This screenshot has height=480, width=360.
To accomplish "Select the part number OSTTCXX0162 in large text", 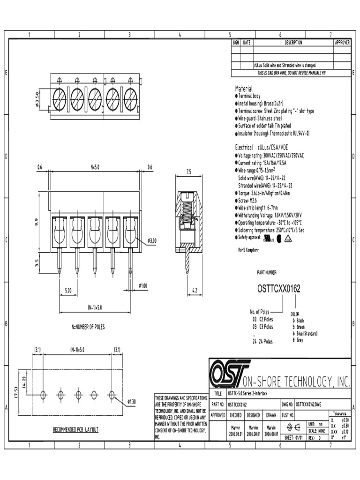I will tap(278, 289).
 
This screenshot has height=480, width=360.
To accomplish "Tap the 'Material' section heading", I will tap(243, 89).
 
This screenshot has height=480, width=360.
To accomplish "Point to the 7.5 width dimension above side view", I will tap(189, 172).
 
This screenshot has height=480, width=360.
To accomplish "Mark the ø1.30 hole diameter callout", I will tap(132, 402).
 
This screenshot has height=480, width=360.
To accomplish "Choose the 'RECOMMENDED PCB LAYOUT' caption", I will tap(75, 429).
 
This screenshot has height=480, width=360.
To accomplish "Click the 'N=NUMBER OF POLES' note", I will tap(85, 327).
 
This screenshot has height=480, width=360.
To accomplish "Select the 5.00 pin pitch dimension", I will tap(68, 291).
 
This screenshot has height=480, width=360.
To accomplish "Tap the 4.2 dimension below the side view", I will tap(195, 291).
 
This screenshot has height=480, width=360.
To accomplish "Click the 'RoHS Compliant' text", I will tap(248, 250).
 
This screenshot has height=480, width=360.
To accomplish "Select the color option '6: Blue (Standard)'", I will tap(304, 333).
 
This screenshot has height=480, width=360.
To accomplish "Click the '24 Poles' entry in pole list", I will tap(262, 342).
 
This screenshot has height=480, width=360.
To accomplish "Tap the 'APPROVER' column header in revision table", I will tap(342, 43).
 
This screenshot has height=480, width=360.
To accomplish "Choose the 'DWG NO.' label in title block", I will tap(287, 404).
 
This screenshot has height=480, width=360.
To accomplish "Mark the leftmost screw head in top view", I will tap(60, 99).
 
